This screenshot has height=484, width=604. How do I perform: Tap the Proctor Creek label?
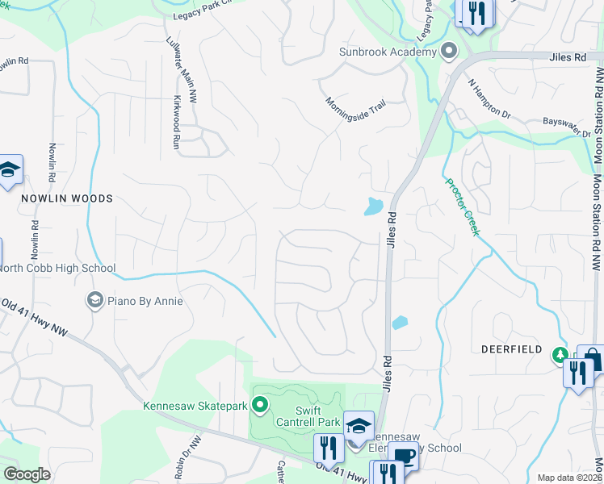[463, 207]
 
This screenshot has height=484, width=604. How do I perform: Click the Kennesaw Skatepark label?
[195, 406]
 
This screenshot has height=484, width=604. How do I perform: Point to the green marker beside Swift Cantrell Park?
[260, 404]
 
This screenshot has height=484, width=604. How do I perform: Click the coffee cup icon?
[404, 456]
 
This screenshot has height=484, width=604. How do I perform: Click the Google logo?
[27, 474]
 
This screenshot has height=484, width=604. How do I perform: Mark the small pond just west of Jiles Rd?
[372, 207]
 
